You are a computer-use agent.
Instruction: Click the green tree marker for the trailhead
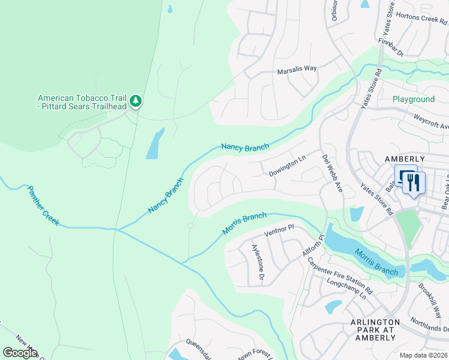[x=136, y=101]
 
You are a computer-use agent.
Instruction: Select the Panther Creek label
[x=43, y=205]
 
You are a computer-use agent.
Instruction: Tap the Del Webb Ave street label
[x=332, y=175]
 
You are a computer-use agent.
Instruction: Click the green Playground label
[x=413, y=99]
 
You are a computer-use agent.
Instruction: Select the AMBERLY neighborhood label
[x=404, y=158]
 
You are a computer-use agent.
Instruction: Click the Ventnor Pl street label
[x=279, y=229]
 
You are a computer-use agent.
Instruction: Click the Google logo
[x=20, y=352]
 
